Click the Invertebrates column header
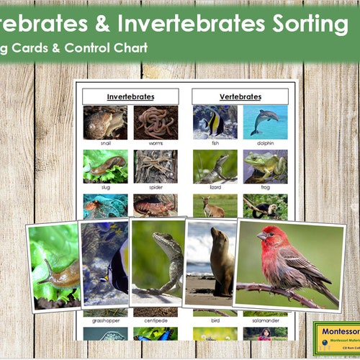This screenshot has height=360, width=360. (130, 96)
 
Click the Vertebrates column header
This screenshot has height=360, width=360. (240, 96)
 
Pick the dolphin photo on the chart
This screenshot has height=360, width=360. (264, 122)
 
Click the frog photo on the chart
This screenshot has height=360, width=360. (264, 166)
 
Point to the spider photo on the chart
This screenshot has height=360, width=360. (155, 166)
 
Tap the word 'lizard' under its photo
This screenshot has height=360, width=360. (215, 187)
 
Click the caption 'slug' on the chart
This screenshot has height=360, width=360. (105, 187)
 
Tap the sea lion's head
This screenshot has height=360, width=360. (216, 237)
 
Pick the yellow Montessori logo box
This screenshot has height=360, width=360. (336, 339)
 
